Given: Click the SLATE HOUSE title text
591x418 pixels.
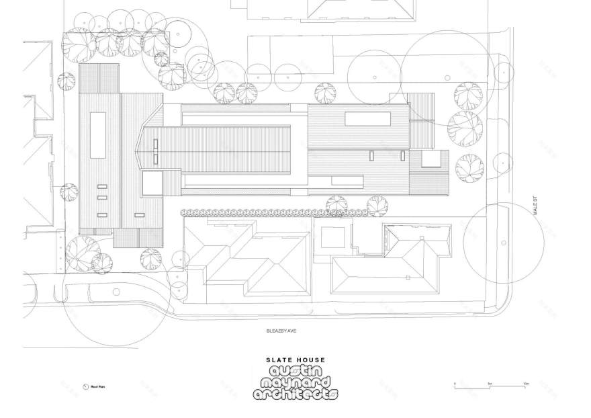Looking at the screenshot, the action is [x=296, y=360].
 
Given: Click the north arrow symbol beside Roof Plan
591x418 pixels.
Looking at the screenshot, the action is [x=85, y=387].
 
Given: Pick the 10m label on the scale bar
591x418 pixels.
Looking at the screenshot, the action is [x=527, y=383].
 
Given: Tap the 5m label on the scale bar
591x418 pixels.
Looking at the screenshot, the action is [x=491, y=383].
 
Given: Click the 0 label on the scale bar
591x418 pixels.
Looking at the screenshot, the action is [x=455, y=383].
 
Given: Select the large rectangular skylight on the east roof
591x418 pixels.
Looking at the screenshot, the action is [x=368, y=119].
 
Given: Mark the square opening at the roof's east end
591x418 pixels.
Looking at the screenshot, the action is [x=434, y=159].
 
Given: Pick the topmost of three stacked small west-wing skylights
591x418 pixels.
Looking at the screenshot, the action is [x=102, y=186].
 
